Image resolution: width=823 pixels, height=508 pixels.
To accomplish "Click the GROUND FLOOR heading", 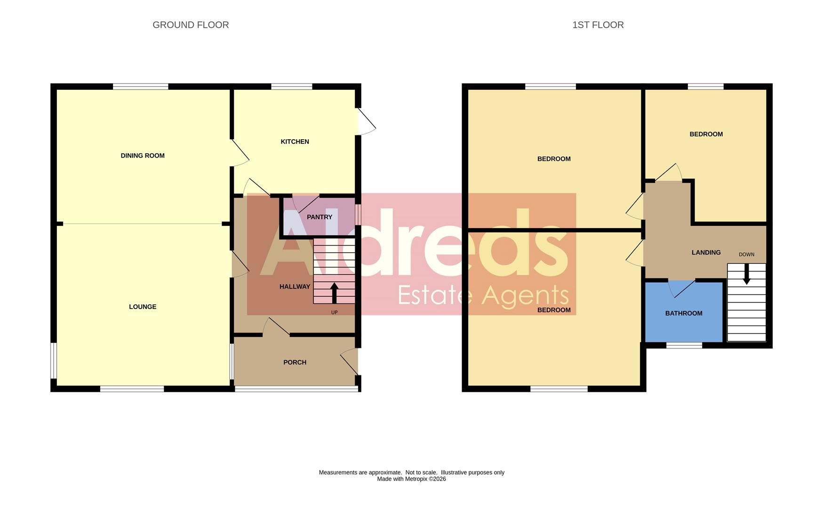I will click(191, 25).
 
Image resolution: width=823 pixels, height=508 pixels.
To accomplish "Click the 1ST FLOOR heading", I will click(598, 25).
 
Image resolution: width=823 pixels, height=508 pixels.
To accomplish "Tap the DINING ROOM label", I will click(143, 156).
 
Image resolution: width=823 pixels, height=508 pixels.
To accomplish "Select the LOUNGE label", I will click(143, 307).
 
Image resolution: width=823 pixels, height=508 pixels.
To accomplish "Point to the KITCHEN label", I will click(295, 142).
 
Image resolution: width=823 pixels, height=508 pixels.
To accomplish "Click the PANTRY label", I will click(320, 217).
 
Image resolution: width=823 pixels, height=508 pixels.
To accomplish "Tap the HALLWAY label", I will click(295, 286).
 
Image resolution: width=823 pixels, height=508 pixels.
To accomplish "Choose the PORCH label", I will click(295, 362).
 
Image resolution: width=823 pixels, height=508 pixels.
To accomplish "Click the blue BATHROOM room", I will click(683, 320).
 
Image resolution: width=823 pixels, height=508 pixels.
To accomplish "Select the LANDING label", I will click(706, 253).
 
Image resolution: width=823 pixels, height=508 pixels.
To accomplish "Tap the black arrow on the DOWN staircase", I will click(746, 274).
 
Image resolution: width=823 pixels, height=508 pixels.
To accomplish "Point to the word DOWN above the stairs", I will click(746, 254).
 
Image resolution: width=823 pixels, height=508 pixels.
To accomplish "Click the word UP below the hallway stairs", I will click(334, 312).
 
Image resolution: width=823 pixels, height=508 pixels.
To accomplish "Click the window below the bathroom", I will click(684, 345).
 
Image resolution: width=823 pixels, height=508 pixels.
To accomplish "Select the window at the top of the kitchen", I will click(292, 87).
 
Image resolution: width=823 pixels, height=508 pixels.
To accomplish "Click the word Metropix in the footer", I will click(416, 479).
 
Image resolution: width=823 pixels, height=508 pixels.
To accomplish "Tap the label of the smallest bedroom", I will click(706, 134).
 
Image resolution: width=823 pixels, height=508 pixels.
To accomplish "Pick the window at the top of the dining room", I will click(141, 87).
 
